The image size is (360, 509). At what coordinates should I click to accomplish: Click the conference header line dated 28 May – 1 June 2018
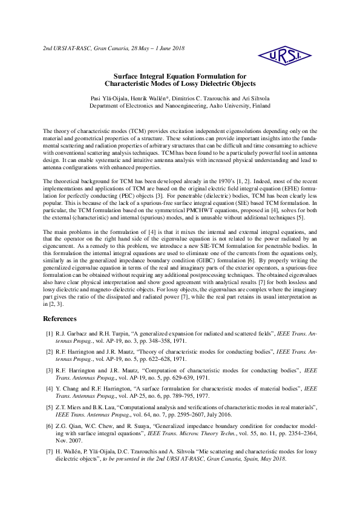114,48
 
